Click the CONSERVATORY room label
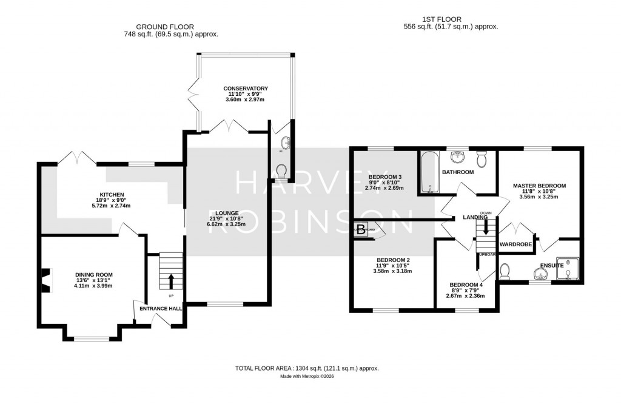pyautogui.click(x=246, y=89)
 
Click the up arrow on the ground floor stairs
pyautogui.click(x=170, y=281)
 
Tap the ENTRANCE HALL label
pyautogui.click(x=159, y=309)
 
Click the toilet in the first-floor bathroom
pyautogui.click(x=482, y=160)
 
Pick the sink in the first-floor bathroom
pyautogui.click(x=458, y=158)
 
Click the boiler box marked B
pyautogui.click(x=361, y=229)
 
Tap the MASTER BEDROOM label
pyautogui.click(x=539, y=186)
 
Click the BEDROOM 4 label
pyautogui.click(x=466, y=285)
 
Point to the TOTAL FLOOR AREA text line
pyautogui.click(x=307, y=368)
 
